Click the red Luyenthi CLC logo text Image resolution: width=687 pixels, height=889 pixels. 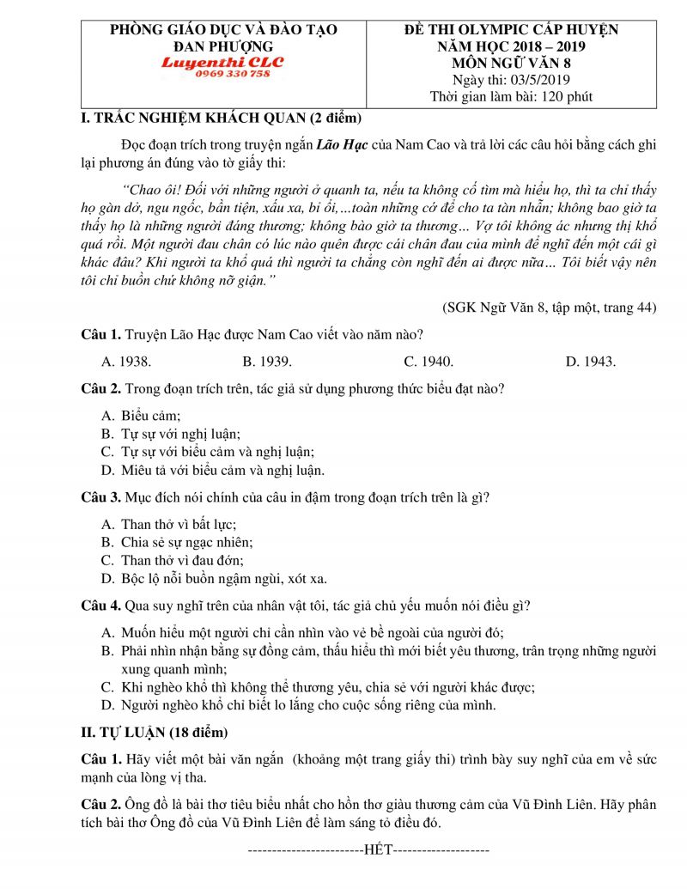pyautogui.click(x=222, y=63)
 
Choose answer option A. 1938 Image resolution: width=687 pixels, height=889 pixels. pyautogui.click(x=127, y=362)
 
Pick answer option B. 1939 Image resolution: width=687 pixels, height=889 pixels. pyautogui.click(x=267, y=362)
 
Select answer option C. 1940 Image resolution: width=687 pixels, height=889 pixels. pyautogui.click(x=429, y=362)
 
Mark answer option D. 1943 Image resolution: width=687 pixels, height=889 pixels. pyautogui.click(x=590, y=362)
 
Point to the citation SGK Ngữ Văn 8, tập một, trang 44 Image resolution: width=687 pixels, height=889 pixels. pyautogui.click(x=550, y=307)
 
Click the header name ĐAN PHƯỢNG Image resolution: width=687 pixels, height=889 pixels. pyautogui.click(x=223, y=46)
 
